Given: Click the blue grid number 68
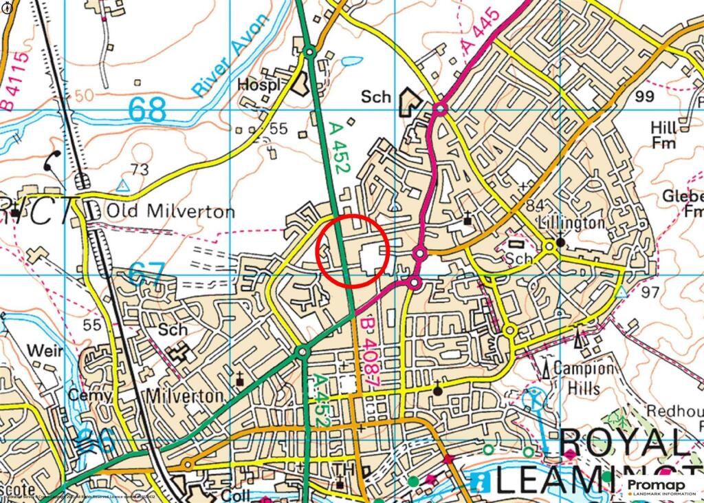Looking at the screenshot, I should coord(148,109).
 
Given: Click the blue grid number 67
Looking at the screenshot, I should coord(146,273).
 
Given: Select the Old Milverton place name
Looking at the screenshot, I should coord(170,211).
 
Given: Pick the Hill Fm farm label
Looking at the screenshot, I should coord(663,135).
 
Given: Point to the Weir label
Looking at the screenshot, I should coord(45,351).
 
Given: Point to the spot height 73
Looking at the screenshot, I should coord(139,169).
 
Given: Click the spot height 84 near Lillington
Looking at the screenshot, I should coord(534,205).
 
